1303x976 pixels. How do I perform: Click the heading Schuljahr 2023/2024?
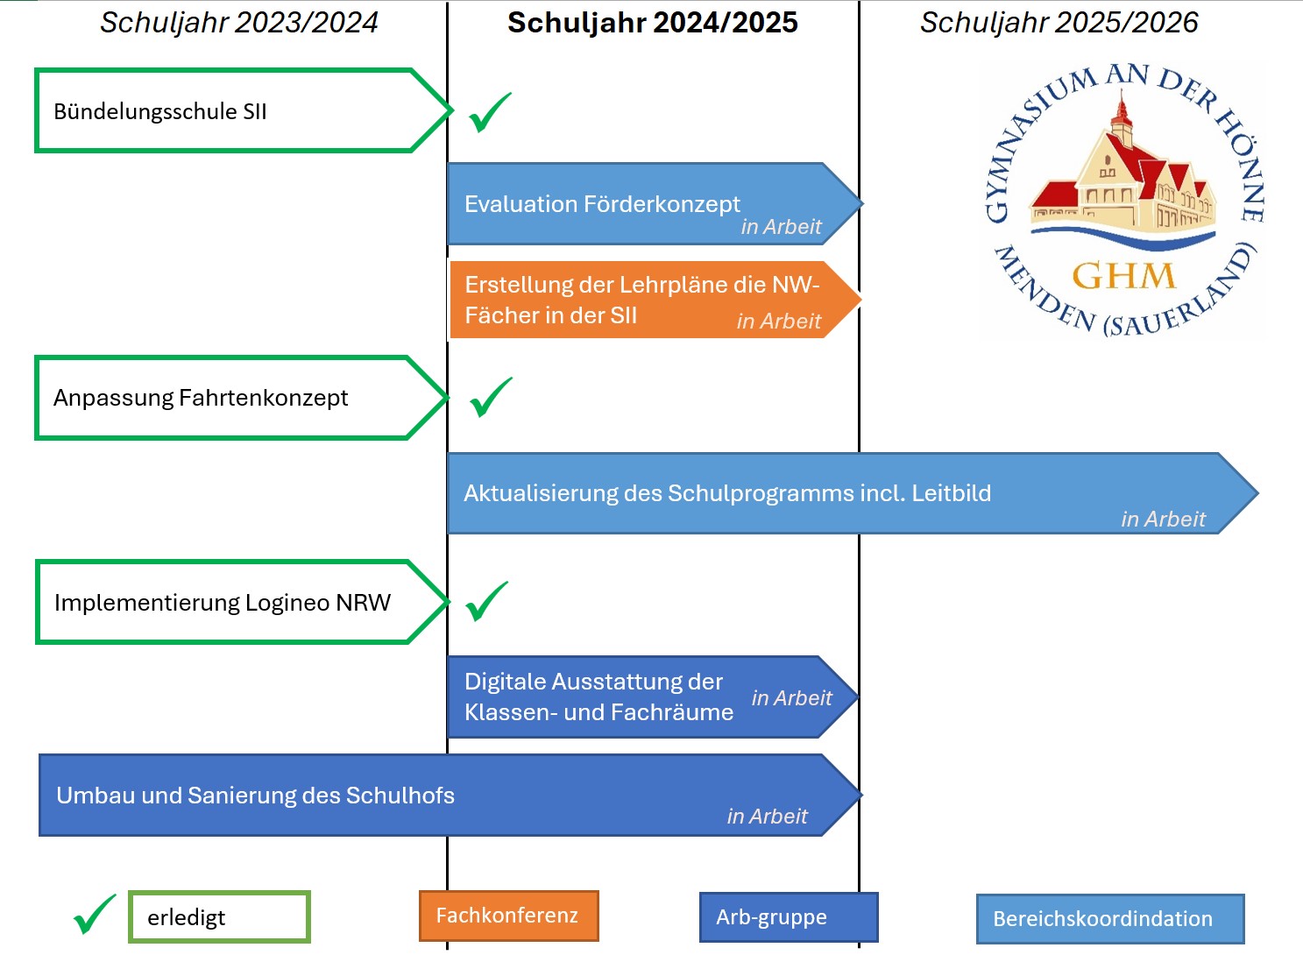[x=238, y=23]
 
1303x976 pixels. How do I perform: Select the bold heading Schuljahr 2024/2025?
[x=653, y=23]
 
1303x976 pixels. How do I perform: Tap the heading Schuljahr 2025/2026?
[x=1059, y=23]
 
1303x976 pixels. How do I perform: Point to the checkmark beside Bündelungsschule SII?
[x=489, y=112]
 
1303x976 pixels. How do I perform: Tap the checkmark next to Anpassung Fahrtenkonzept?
[x=490, y=397]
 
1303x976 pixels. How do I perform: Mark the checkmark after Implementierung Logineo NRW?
[x=486, y=601]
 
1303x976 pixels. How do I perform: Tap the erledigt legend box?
[x=219, y=916]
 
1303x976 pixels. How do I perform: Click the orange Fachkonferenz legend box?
[x=509, y=916]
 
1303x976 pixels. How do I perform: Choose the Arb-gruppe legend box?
[x=789, y=917]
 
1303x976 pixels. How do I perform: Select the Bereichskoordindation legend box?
[x=1110, y=918]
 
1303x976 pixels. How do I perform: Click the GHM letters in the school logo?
[x=1123, y=276]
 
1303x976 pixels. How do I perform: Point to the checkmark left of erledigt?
[x=95, y=915]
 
